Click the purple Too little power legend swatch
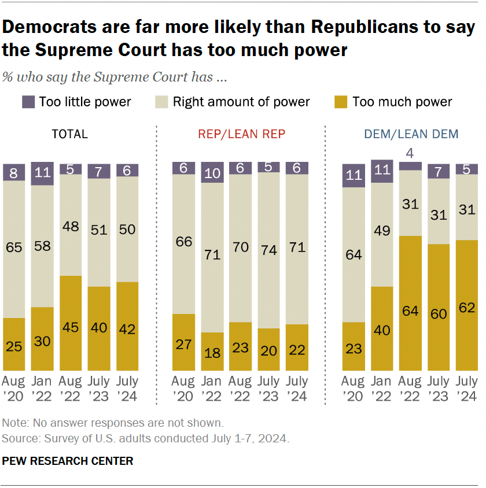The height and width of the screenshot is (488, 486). pyautogui.click(x=28, y=102)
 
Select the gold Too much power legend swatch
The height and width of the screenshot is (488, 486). pyautogui.click(x=341, y=102)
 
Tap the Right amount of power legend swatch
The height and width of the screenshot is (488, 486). pyautogui.click(x=163, y=102)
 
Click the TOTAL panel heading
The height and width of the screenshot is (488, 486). pyautogui.click(x=70, y=134)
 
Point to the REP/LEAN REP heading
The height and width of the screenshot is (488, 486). pyautogui.click(x=242, y=134)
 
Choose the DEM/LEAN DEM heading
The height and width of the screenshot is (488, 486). pyautogui.click(x=411, y=134)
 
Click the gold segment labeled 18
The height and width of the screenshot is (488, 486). pyautogui.click(x=212, y=352)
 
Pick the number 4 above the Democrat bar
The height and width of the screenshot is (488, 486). pyautogui.click(x=411, y=154)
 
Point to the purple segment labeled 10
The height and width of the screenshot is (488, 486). pyautogui.click(x=212, y=173)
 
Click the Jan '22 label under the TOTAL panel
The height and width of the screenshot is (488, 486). pyautogui.click(x=42, y=389)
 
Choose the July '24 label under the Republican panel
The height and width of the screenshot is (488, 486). pyautogui.click(x=297, y=389)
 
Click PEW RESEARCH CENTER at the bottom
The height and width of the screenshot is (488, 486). pyautogui.click(x=68, y=461)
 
